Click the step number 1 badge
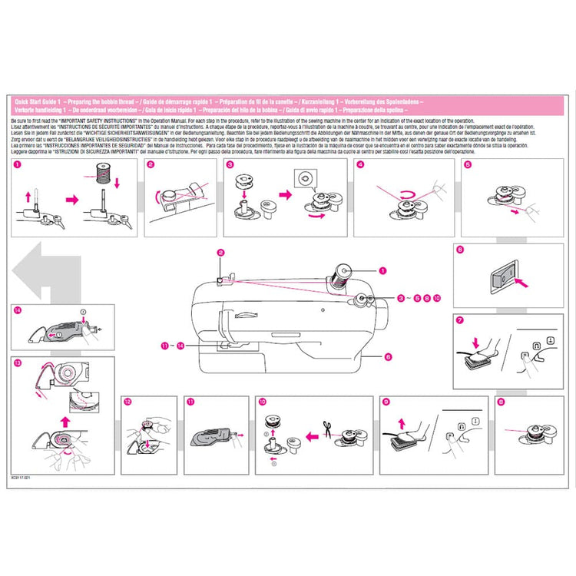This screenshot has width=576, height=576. (18, 164)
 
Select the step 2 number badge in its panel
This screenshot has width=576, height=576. (151, 164)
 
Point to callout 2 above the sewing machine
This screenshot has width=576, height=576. (220, 253)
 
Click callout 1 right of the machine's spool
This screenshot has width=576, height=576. (382, 270)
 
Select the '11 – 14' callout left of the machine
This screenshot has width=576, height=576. (173, 346)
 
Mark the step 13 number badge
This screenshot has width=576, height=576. (18, 361)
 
